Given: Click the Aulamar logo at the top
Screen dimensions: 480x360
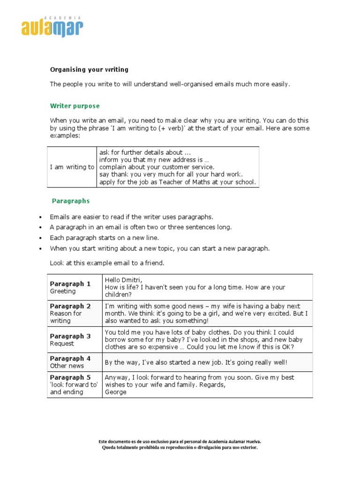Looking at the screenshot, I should [52, 26].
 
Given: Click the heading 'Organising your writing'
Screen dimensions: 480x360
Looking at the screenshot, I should [89, 69].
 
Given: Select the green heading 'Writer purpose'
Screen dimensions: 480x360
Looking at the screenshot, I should [75, 106].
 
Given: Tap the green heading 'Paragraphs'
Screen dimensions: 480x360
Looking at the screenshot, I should [70, 201].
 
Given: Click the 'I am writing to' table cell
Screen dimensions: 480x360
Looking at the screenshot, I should [72, 167].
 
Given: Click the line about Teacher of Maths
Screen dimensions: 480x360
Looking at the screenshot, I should [178, 182].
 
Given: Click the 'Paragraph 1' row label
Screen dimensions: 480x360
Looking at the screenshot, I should [70, 284].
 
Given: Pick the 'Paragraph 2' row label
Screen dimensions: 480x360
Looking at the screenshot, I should [70, 306].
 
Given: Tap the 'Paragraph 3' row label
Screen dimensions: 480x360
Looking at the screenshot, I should [70, 336].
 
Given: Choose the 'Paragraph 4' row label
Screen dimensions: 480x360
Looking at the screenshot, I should [70, 359].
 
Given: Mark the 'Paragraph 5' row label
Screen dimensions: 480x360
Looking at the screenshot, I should [70, 377].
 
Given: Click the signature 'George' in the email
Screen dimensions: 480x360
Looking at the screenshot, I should [115, 392].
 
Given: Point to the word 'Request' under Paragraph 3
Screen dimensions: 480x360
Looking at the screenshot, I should [62, 344].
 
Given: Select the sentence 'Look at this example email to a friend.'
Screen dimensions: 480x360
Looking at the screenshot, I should [107, 263].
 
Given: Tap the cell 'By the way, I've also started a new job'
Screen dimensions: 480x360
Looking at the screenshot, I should [196, 362].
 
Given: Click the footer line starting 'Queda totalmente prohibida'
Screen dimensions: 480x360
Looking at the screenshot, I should [180, 447].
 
